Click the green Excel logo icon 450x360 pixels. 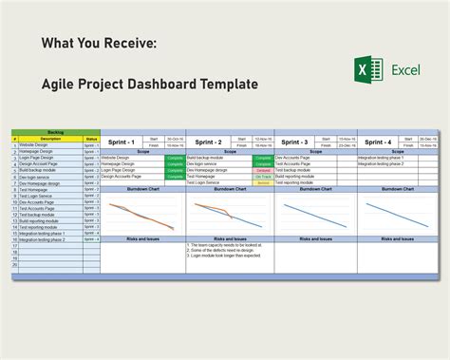367,69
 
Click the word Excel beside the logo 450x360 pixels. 403,69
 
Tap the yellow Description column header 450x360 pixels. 50,140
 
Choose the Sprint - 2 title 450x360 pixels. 208,141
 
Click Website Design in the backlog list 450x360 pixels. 36,145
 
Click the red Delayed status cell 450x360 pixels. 263,169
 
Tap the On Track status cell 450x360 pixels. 263,176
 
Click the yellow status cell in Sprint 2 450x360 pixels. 263,182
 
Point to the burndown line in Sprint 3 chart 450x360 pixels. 313,215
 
